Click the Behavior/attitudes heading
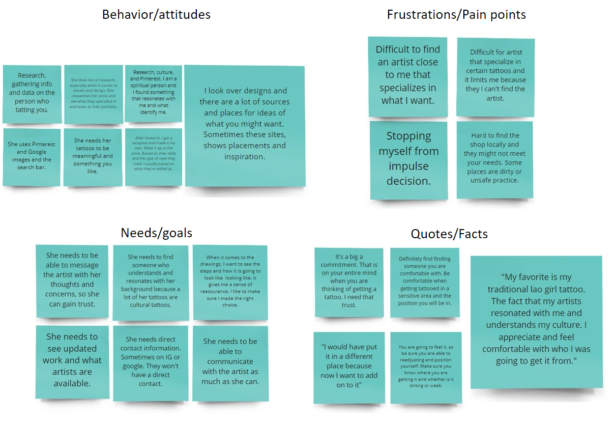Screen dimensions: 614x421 pyautogui.click(x=156, y=14)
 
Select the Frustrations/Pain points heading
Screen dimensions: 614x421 pyautogui.click(x=456, y=14)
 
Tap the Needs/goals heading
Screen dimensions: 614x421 pyautogui.click(x=156, y=233)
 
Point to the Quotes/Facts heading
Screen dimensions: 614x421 pyautogui.click(x=449, y=234)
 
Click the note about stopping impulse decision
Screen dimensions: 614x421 pyautogui.click(x=408, y=159)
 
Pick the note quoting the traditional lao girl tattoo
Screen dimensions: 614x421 pyautogui.click(x=536, y=319)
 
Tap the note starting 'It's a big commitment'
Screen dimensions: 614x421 pyautogui.click(x=349, y=281)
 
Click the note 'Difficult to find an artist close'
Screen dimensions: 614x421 pyautogui.click(x=407, y=75)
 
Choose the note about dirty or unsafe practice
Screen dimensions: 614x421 pyautogui.click(x=494, y=158)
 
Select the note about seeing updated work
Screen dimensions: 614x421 pyautogui.click(x=72, y=360)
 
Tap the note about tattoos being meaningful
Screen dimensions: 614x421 pyautogui.click(x=93, y=156)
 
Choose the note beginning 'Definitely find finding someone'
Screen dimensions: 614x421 pyautogui.click(x=425, y=281)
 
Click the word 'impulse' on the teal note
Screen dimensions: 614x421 pyautogui.click(x=408, y=166)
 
